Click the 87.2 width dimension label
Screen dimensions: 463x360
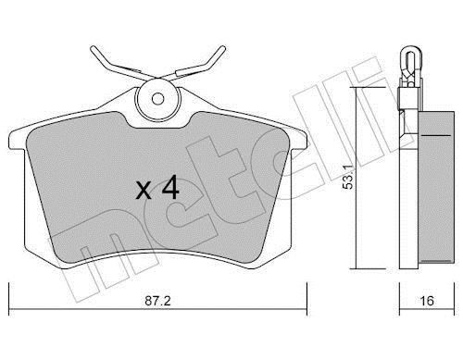[157, 301]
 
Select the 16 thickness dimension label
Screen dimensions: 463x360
[427, 301]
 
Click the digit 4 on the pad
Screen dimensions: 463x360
[170, 187]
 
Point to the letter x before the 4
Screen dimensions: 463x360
[144, 191]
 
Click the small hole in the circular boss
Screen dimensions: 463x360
[158, 99]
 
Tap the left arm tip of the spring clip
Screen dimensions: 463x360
[94, 49]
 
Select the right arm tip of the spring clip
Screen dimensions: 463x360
[222, 49]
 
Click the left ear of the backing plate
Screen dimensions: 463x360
[17, 141]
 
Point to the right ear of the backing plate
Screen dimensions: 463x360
[299, 141]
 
